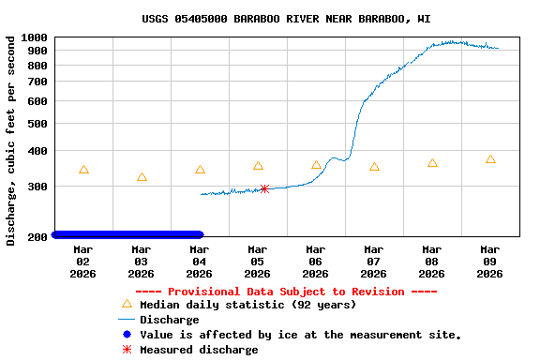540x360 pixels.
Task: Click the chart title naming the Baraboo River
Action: point(286,19)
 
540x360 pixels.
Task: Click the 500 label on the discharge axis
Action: point(37,123)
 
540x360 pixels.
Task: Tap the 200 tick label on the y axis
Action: point(37,236)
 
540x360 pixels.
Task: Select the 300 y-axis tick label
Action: point(37,186)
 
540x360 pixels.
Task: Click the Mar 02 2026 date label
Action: point(82,262)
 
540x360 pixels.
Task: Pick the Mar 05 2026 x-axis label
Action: point(257,262)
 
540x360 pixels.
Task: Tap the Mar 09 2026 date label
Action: point(489,262)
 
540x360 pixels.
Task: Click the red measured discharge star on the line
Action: point(264,188)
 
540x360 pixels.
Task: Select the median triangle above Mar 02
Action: point(83,170)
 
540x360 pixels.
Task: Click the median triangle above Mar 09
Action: point(490,159)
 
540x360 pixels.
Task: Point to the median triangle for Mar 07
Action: point(374,167)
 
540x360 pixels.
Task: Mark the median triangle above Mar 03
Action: point(142,177)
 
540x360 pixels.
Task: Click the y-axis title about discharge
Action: point(11,141)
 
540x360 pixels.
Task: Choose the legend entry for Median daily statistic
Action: point(247,305)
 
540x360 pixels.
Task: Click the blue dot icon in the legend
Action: point(127,335)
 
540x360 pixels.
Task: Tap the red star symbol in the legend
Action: point(127,350)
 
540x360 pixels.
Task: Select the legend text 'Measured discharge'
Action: point(199,350)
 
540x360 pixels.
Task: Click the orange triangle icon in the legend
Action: point(127,304)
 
